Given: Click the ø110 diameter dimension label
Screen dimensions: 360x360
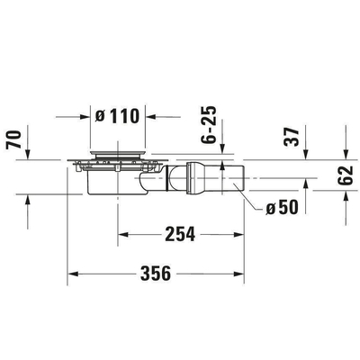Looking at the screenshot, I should coord(120,116).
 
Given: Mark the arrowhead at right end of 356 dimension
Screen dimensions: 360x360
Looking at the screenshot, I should coord(241,272).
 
